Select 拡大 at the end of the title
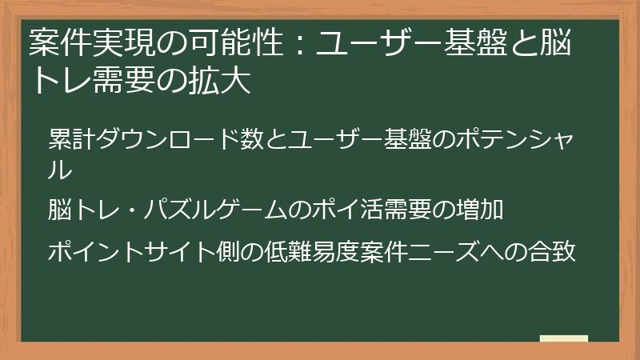point(225,82)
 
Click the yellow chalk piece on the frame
point(563,339)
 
